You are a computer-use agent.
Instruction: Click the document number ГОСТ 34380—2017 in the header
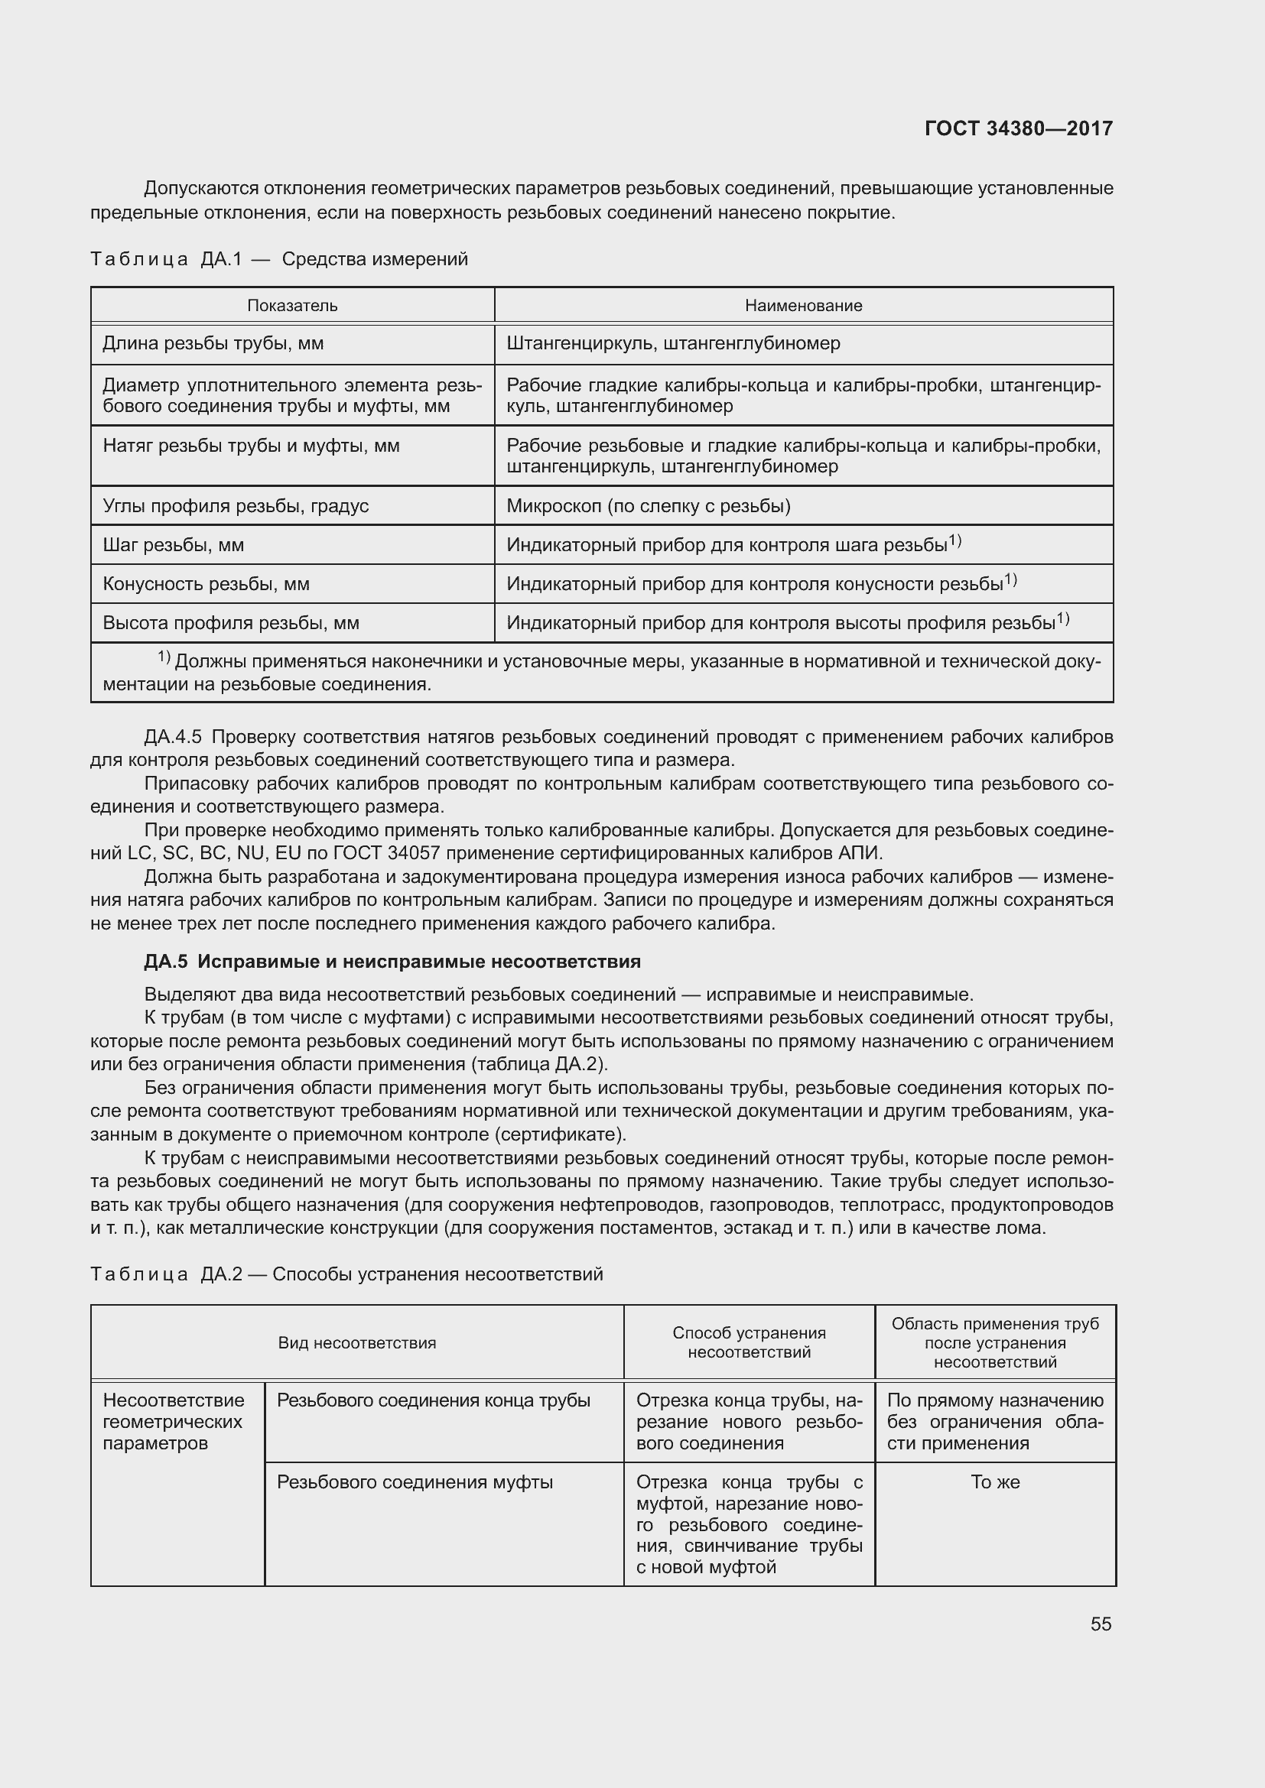(x=1018, y=128)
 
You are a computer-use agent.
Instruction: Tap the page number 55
(x=1101, y=1624)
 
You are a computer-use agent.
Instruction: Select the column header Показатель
(x=292, y=305)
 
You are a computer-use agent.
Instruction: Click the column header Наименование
(x=803, y=305)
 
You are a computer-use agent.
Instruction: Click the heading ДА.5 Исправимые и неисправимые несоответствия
(x=392, y=962)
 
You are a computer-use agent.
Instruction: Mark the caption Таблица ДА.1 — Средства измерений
(x=279, y=258)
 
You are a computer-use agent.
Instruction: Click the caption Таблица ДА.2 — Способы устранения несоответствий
(x=346, y=1274)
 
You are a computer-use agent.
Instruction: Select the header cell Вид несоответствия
(x=356, y=1342)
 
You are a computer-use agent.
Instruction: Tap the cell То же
(x=995, y=1482)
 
